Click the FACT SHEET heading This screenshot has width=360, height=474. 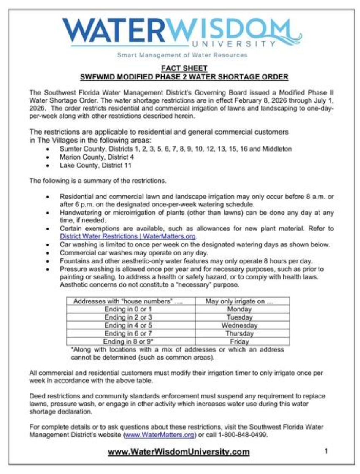pos(184,68)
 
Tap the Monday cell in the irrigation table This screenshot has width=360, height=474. pos(239,309)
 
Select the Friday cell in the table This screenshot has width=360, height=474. pos(239,341)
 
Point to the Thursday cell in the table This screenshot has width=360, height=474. pos(239,333)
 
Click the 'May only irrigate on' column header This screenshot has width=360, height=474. pos(239,301)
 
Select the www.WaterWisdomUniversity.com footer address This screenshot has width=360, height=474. pos(179,452)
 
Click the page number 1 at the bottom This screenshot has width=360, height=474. pos(326,451)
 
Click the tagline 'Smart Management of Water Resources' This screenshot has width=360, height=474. pos(182,55)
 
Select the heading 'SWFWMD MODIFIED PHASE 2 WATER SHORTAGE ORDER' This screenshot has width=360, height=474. pos(184,77)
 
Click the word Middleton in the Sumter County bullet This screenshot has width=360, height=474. pos(277,149)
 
